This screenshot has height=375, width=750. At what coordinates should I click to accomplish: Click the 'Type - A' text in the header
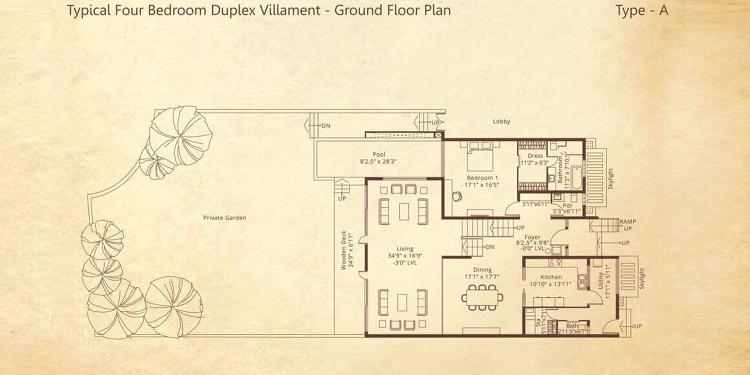(641, 11)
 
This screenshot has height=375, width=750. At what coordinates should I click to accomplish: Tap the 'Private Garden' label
(225, 218)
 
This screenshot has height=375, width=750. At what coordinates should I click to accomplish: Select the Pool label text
(379, 154)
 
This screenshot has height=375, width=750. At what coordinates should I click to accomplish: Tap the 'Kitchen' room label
(551, 277)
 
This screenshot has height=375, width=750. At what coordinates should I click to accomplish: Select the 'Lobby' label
(501, 121)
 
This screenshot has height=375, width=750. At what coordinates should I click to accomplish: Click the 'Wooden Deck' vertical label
(344, 250)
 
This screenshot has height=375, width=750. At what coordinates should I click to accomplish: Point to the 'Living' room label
(405, 249)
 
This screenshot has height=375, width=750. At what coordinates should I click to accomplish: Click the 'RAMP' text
(628, 221)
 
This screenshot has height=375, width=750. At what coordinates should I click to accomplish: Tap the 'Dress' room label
(535, 156)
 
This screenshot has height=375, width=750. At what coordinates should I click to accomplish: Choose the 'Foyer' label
(532, 237)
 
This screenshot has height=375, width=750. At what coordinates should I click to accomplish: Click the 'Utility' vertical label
(602, 281)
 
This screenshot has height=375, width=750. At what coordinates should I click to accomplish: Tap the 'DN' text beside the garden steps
(326, 126)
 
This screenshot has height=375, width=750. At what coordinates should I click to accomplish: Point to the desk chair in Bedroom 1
(456, 196)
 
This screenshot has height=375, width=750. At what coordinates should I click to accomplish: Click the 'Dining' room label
(482, 270)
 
